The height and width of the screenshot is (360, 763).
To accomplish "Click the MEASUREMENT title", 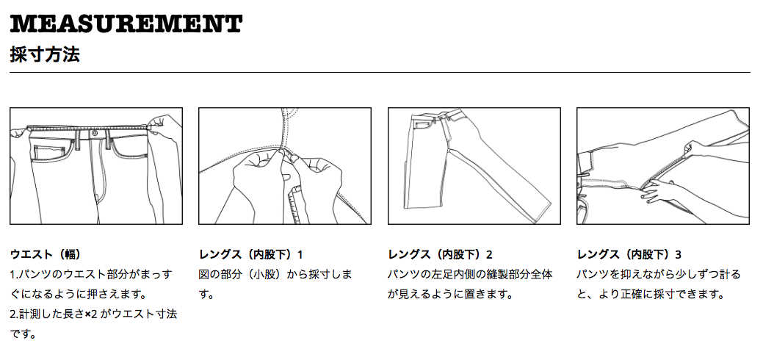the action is [x=126, y=24].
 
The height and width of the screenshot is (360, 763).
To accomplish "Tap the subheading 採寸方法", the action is [x=45, y=54].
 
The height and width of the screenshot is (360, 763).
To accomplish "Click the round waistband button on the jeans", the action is [x=94, y=133].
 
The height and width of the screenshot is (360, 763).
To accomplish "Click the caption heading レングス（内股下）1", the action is [x=250, y=254].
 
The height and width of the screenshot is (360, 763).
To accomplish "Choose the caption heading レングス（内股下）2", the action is [x=440, y=254].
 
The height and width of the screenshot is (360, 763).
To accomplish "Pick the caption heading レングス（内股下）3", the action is [x=629, y=254].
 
